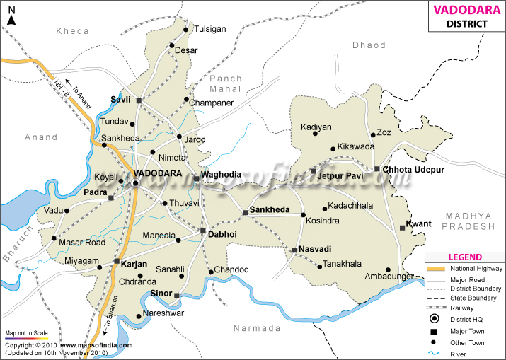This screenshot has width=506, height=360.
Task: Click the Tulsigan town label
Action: tap(209, 29)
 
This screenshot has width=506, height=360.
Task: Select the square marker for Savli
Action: tap(139, 101)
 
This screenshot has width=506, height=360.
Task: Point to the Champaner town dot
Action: tap(187, 100)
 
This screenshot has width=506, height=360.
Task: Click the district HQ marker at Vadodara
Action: tap(135, 183)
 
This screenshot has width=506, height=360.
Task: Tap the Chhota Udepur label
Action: tap(414, 170)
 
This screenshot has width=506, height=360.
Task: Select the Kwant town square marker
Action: tap(401, 227)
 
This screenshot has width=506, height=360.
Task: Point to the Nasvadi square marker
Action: tap(294, 249)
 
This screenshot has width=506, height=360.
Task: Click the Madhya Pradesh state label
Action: tap(468, 220)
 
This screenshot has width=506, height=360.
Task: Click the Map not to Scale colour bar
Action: tap(26, 339)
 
